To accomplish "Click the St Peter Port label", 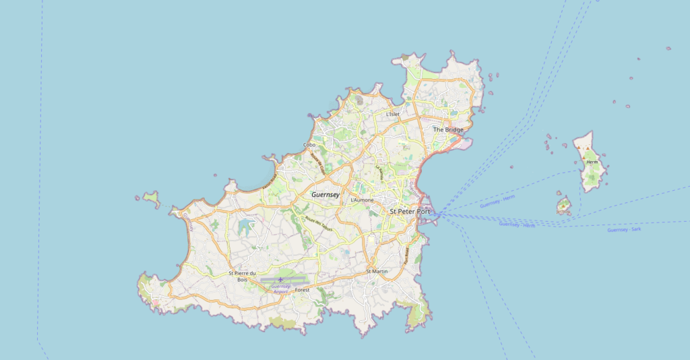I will (x=410, y=211).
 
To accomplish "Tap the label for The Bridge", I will (x=448, y=129).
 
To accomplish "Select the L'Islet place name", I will (x=392, y=115).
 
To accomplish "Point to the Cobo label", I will (x=309, y=145).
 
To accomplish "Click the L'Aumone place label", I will (x=362, y=200).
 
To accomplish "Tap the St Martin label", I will (x=377, y=271).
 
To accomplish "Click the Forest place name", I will (x=303, y=290).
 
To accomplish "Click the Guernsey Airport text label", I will (x=281, y=289).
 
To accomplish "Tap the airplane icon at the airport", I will (x=280, y=279).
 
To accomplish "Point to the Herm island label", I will (x=592, y=162).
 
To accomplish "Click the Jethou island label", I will (x=563, y=211).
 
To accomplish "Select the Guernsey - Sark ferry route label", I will (x=623, y=230).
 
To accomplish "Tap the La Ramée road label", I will (x=381, y=172).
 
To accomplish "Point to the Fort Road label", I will (x=407, y=254).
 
